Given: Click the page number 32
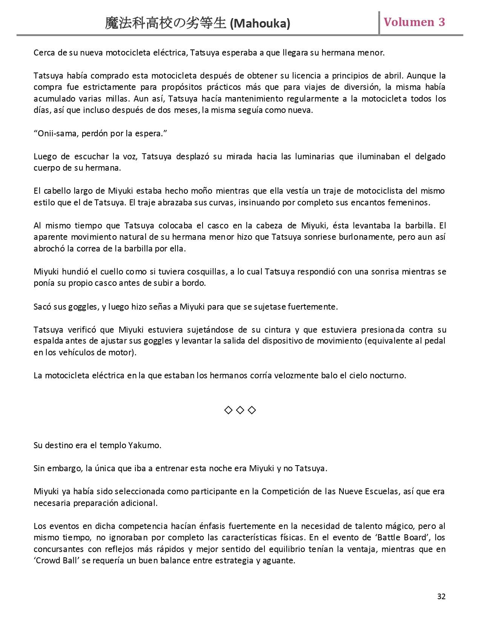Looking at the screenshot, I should pos(441,596).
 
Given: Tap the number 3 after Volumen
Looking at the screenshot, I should pos(441,22).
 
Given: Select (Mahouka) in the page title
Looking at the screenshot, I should pos(260,24).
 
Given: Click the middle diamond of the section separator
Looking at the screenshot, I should pos(240,410).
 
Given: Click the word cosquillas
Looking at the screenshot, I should pos(206,271).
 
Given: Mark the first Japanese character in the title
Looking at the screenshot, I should pos(112,24).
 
